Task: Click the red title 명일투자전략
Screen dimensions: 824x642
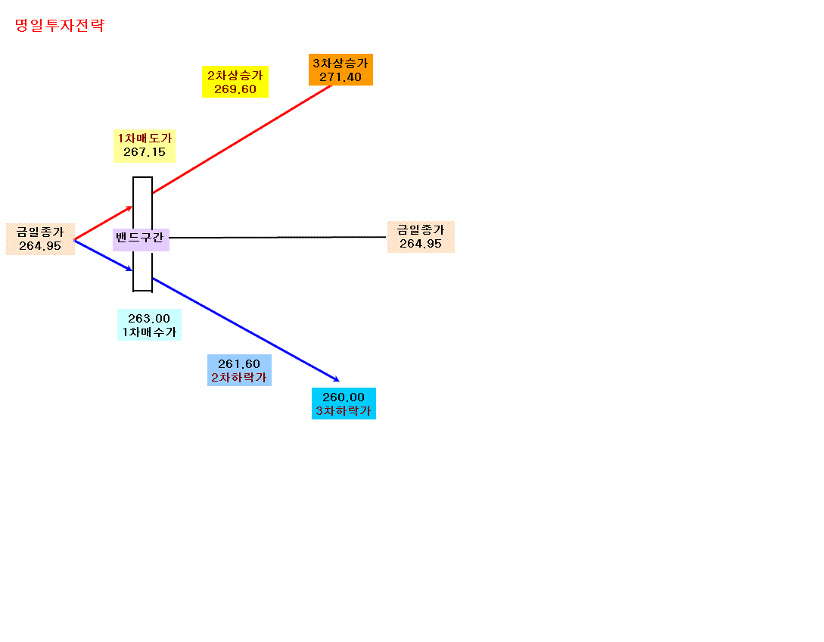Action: tap(60, 25)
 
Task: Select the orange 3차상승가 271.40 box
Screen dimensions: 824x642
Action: tap(340, 70)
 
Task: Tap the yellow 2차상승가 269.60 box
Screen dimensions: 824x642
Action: tap(235, 82)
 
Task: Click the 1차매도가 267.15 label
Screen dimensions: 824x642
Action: tap(144, 145)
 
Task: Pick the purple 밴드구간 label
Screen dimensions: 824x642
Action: tap(141, 240)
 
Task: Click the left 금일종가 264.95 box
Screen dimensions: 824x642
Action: tap(40, 238)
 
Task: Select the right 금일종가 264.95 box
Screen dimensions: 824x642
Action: tap(421, 237)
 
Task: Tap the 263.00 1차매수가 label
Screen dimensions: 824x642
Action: tap(149, 325)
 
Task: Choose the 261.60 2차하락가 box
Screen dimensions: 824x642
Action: tap(239, 370)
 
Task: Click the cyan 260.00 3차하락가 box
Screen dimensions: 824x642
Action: tap(344, 404)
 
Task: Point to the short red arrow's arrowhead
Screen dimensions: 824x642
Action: tap(129, 208)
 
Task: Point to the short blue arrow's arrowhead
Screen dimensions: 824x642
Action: tap(129, 270)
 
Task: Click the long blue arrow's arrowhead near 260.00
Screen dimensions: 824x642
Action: tap(336, 379)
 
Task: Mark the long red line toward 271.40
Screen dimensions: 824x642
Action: tap(242, 139)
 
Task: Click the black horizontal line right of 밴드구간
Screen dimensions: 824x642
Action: tap(278, 237)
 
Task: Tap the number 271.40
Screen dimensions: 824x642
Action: tap(340, 76)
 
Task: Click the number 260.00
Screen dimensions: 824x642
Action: tap(344, 397)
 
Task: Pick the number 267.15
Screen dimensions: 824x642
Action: tap(145, 152)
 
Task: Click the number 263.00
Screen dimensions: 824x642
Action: tap(149, 318)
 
